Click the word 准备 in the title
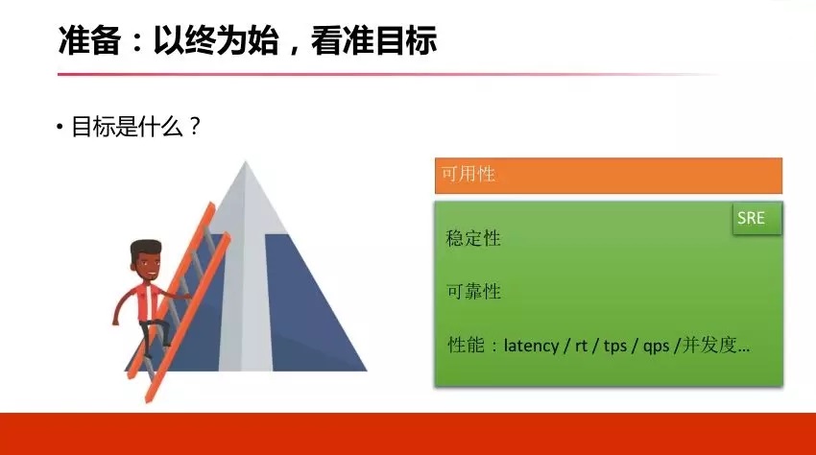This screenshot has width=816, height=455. click(x=89, y=40)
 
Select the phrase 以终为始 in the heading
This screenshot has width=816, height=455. click(x=215, y=40)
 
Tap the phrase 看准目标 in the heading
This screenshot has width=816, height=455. click(x=373, y=40)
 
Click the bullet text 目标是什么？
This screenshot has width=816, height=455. click(x=135, y=127)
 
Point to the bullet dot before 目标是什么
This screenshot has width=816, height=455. click(x=60, y=127)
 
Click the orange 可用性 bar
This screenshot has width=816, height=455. click(x=609, y=176)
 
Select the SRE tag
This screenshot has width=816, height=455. click(x=756, y=218)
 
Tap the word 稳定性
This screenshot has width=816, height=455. click(x=473, y=238)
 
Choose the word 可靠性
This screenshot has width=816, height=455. click(x=473, y=291)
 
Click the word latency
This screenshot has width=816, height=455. click(x=531, y=346)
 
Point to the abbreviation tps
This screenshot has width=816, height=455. click(x=615, y=347)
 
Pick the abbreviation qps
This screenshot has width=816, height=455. click(x=656, y=347)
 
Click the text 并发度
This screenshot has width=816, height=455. click(x=708, y=345)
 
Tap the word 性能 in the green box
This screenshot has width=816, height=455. click(x=466, y=345)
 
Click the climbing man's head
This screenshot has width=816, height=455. click(x=145, y=260)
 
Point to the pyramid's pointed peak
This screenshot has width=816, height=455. click(x=246, y=162)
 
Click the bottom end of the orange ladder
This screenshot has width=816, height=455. click(x=148, y=400)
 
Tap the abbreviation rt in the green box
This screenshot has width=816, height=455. click(x=581, y=346)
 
